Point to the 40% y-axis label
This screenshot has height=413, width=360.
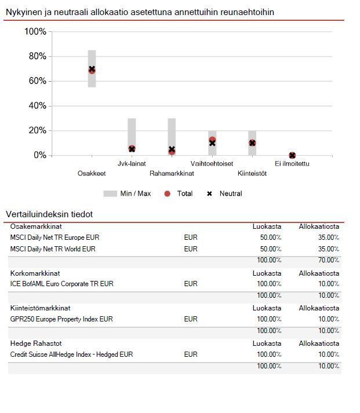point(35,106)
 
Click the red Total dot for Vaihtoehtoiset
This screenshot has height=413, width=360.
point(212,140)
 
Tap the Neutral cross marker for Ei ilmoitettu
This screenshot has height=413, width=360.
point(292,155)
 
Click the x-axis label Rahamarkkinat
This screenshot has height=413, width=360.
point(172,173)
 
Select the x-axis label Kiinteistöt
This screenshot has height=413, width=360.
point(252,173)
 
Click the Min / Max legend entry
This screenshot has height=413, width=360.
point(127,193)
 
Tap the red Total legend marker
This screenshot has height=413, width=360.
point(168,193)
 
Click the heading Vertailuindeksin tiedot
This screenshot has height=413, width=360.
point(49,214)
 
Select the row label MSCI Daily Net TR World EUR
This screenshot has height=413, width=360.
point(53,249)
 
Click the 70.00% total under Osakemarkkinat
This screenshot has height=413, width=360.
point(328,261)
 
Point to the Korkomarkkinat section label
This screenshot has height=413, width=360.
point(35,273)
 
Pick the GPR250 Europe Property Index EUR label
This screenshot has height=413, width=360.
point(61,319)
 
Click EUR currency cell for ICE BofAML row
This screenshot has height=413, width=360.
point(190,284)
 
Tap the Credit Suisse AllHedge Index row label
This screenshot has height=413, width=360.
point(71,354)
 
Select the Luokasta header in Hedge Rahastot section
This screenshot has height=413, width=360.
point(267,343)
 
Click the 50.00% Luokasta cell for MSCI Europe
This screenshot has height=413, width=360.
point(270,237)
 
